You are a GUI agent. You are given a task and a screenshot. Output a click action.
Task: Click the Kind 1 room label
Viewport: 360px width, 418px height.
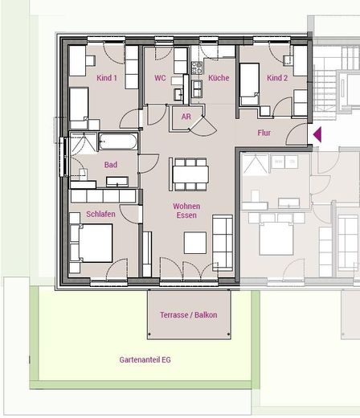107,78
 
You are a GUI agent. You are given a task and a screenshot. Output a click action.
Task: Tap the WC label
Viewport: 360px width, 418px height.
160,78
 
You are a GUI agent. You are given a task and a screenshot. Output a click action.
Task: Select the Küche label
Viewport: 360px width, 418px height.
219,78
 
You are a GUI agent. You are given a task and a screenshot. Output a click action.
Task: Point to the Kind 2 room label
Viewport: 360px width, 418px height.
277,78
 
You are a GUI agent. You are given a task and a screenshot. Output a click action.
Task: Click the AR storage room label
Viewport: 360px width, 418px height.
186,117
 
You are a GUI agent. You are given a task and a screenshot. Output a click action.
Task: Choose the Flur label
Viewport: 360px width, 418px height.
264,133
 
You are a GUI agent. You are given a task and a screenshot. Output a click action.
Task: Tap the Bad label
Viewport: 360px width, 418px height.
111,165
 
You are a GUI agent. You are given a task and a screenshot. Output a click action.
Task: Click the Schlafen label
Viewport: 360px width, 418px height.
100,214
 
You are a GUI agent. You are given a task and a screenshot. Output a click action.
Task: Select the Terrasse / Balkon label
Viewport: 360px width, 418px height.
189,314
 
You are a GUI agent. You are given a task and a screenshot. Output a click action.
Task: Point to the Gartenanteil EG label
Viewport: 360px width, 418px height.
145,359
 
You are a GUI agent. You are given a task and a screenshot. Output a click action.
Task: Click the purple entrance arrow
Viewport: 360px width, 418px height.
317,134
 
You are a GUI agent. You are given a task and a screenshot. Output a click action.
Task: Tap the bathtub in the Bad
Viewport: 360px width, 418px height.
118,141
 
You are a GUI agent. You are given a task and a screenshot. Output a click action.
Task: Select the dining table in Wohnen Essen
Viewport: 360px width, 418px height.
190,174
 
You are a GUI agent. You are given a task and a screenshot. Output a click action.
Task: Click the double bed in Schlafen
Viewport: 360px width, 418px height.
96,243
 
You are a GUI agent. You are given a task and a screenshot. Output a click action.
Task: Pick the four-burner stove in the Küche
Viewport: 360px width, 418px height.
196,68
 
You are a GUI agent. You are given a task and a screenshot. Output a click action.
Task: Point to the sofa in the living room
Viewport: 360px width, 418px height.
223,242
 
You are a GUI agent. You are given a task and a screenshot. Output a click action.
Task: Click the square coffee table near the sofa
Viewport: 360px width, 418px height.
195,243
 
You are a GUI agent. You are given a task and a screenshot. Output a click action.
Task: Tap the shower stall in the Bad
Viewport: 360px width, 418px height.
84,143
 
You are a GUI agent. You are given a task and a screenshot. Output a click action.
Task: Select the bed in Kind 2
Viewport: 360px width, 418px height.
249,84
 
